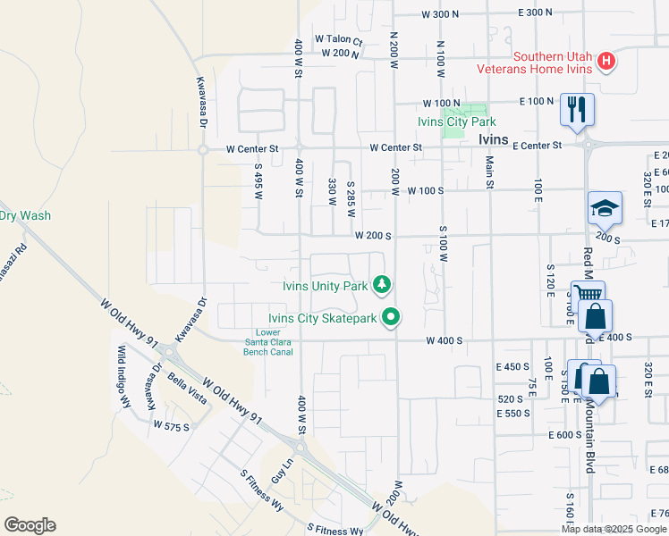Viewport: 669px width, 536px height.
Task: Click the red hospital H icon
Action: pos(606,62)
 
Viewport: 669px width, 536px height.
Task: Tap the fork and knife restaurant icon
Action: pos(576,110)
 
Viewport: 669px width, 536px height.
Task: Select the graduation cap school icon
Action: pos(605,208)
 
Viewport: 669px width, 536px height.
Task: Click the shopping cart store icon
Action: pos(588,296)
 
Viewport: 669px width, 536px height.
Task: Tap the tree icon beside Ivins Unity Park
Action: pos(382,285)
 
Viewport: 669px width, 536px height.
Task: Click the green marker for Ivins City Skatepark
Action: pos(391,316)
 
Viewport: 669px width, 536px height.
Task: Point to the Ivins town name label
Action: pos(493,139)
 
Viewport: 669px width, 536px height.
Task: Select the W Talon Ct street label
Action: pos(338,40)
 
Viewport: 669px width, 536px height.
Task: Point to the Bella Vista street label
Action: pos(188,389)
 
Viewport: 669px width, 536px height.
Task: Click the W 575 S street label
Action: pos(171,426)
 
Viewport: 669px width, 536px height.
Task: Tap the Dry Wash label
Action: pos(25,215)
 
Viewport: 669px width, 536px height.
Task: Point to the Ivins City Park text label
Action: pos(456,121)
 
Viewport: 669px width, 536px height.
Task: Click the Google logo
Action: pos(30,525)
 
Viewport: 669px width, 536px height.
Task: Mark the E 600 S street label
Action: pos(565,434)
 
